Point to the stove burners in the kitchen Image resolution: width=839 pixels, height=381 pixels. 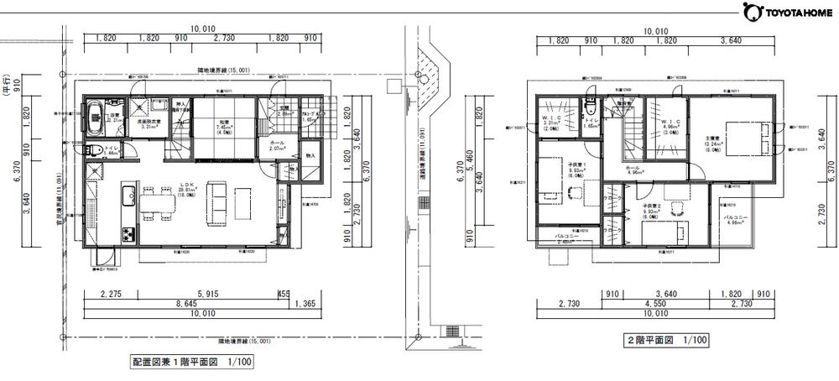tap(129, 232)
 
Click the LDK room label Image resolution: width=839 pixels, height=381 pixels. tap(184, 190)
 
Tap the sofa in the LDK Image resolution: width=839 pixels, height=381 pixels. tap(216, 201)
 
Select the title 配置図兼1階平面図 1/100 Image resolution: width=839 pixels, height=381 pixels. tap(190, 363)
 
